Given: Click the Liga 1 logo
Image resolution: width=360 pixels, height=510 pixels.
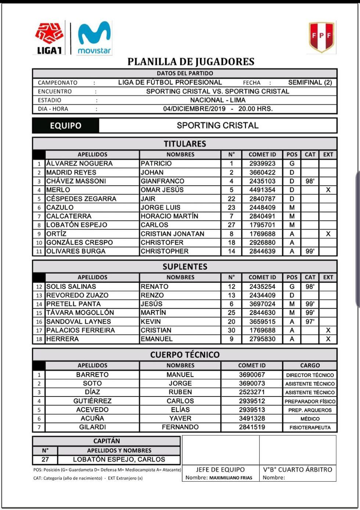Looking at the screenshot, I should [x=49, y=38].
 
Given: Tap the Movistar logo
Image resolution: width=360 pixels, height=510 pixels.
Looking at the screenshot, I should [x=94, y=38].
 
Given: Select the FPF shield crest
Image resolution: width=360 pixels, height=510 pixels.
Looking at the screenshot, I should [x=321, y=36].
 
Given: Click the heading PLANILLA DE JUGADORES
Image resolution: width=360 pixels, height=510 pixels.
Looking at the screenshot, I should [x=191, y=61].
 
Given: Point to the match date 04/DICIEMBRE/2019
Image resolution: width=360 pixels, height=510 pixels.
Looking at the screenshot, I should [x=194, y=109].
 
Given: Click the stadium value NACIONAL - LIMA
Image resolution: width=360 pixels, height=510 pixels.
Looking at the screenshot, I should [x=217, y=100].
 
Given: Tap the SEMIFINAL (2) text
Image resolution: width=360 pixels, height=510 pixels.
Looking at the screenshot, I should [x=310, y=82].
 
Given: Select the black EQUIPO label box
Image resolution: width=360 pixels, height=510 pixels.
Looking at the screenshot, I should [x=66, y=126].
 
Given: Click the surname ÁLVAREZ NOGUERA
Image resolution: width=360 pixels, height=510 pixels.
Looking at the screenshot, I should [x=79, y=164].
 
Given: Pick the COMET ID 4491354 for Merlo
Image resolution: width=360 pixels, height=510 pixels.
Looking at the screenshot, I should [x=262, y=190].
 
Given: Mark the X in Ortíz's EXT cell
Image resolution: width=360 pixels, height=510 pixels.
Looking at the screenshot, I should [x=328, y=234].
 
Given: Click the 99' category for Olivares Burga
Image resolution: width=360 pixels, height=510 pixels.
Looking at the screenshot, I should [x=310, y=251].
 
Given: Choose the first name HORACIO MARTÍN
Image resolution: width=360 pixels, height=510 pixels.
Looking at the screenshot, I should [x=169, y=216].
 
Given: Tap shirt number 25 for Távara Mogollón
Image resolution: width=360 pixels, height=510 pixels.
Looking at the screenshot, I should [x=231, y=313].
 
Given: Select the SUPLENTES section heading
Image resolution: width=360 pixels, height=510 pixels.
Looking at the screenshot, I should [x=185, y=267].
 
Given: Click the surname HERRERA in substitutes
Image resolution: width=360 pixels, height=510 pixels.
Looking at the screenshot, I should [x=62, y=339].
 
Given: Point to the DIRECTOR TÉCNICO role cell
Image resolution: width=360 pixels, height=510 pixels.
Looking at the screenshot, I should [x=310, y=375].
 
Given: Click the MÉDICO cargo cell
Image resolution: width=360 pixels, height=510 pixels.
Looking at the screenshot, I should [x=310, y=419].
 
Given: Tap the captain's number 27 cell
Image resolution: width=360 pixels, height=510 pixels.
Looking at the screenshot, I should [x=45, y=459].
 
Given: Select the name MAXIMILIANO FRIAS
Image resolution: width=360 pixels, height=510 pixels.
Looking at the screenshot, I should [x=231, y=478].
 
